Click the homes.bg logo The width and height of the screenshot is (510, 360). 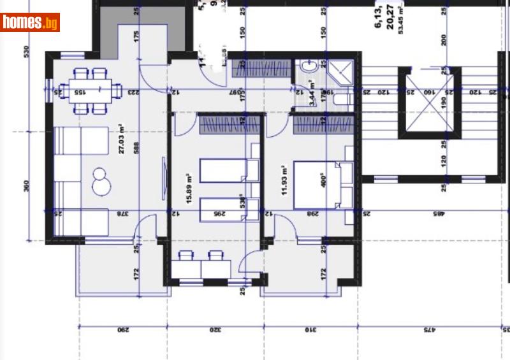(x=30, y=22)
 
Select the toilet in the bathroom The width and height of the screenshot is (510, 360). (x=310, y=68)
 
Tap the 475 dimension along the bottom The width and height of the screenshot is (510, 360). (x=428, y=330)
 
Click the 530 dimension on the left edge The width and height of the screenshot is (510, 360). (x=26, y=52)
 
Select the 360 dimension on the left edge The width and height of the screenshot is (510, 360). (x=26, y=186)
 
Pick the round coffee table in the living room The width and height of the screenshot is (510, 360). (x=101, y=181)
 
